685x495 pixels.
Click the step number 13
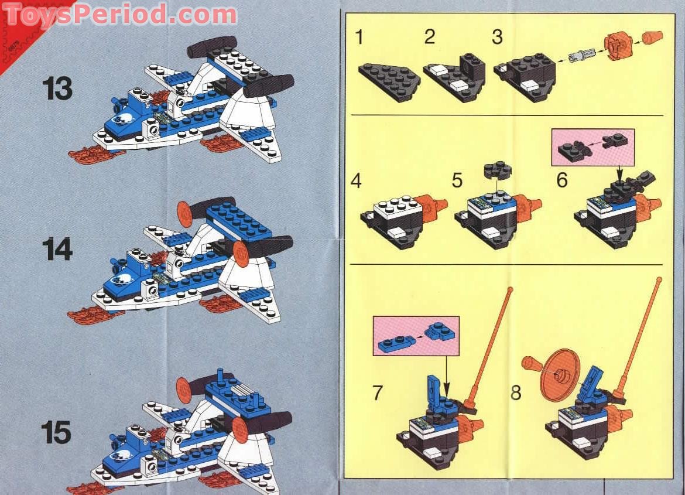point(57,89)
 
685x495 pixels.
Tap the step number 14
point(57,250)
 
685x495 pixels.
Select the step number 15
point(56,433)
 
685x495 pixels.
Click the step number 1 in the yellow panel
point(359,38)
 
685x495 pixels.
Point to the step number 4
point(356,181)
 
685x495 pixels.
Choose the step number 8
point(515,392)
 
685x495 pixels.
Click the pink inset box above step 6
point(592,146)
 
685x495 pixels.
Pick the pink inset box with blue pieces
point(416,336)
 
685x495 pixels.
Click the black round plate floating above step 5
point(496,169)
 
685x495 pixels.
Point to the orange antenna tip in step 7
point(510,289)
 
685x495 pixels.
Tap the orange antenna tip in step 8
point(660,281)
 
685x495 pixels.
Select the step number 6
point(562,180)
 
